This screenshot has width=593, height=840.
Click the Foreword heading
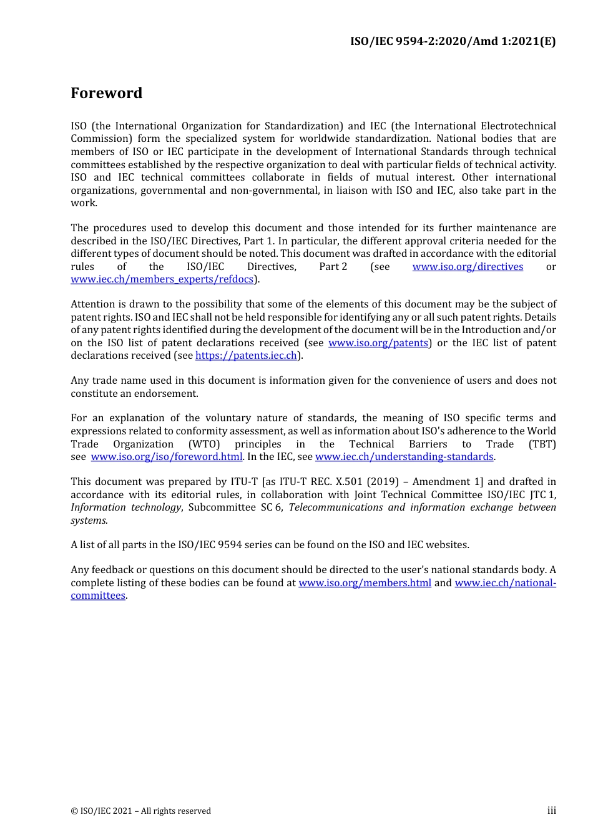106,93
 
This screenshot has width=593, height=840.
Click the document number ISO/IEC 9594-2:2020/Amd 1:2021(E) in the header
453,41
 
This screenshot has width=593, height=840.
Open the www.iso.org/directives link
468,267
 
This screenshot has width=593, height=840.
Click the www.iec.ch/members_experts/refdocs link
162,279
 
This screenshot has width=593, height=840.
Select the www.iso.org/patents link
378,343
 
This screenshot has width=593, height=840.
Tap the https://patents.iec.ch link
246,356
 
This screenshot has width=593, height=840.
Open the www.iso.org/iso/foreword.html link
166,457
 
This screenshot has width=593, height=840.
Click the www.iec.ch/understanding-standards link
404,457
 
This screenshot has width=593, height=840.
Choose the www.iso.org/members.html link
365,583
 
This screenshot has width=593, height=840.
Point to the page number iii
551,811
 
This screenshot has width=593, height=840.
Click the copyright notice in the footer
140,811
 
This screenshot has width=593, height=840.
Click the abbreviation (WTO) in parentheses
204,444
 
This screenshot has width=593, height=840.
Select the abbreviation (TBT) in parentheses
542,444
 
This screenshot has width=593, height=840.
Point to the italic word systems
89,521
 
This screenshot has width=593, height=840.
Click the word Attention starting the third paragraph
93,304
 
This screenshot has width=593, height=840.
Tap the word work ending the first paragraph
83,203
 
